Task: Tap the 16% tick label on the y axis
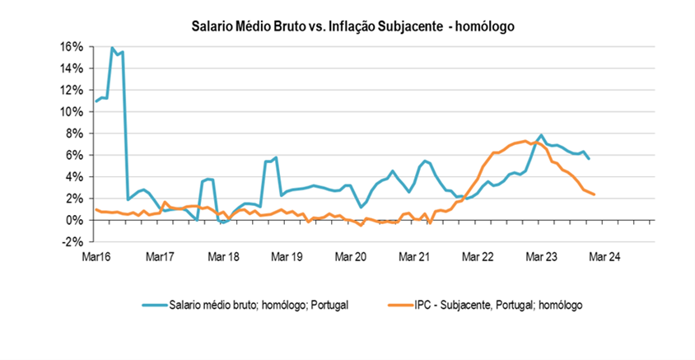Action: tap(72, 46)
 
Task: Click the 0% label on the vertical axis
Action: tap(75, 220)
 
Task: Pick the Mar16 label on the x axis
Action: tap(96, 257)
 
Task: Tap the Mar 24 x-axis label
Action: tap(604, 257)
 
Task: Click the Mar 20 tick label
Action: tap(352, 257)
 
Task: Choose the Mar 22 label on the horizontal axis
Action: tap(478, 257)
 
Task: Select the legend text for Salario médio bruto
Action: tap(257, 305)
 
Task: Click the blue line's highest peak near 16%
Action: tap(112, 48)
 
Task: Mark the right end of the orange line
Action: tap(595, 194)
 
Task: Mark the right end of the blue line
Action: tap(589, 158)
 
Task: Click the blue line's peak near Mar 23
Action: tap(541, 135)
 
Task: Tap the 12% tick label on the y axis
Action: tap(72, 90)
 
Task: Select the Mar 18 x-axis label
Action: tap(225, 257)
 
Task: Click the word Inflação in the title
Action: tap(362, 26)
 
